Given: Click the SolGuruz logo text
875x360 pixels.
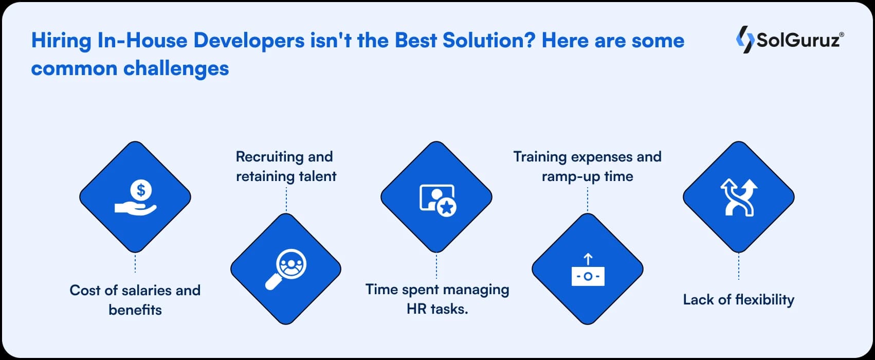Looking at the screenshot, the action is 799,40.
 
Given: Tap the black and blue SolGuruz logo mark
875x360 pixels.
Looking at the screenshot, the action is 745,39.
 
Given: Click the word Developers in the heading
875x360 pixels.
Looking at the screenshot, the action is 249,41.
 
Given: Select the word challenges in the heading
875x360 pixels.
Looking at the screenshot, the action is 176,69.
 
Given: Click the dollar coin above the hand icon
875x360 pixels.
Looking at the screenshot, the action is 141,190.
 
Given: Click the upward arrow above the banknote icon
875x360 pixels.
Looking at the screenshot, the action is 588,259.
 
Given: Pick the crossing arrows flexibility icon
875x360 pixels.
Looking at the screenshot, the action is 739,197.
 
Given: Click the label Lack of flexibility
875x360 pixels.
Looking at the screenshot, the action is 738,300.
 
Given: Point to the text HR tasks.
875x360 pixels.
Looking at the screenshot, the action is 437,309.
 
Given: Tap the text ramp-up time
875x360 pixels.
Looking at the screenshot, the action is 587,177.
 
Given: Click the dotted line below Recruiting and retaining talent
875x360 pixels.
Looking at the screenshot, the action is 286,199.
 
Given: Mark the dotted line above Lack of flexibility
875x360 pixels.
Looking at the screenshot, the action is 738,266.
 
